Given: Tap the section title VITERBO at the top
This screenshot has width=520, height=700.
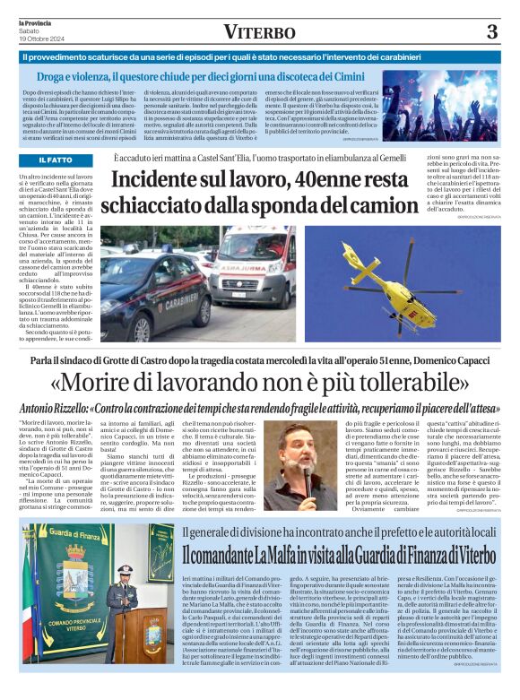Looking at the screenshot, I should click(x=259, y=33).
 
